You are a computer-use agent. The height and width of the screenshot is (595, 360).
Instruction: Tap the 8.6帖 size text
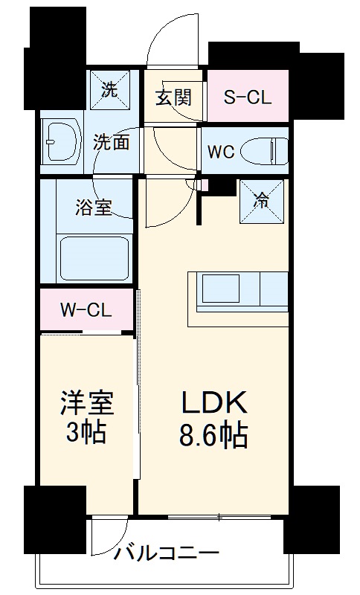(214, 436)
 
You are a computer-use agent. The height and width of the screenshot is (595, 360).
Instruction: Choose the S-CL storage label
(248, 97)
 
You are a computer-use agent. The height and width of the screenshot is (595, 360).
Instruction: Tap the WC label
(221, 151)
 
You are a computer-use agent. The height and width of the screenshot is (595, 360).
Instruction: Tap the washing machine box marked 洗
(110, 91)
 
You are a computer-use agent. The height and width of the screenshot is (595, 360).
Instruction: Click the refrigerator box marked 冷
(262, 200)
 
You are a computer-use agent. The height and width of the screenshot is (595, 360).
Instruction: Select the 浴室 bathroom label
(94, 207)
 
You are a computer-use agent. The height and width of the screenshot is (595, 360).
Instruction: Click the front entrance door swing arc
(164, 41)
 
